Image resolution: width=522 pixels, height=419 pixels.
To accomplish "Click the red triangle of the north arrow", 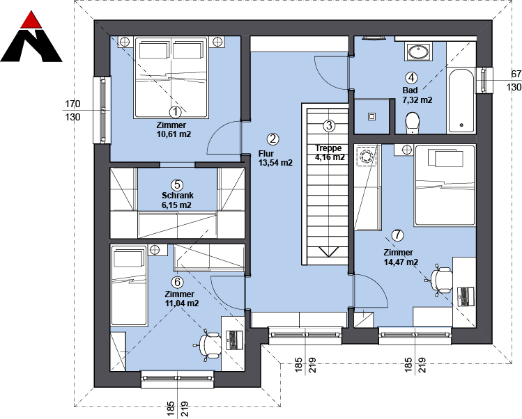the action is click(31, 21).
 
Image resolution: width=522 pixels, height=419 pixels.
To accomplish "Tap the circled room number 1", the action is click(175, 112).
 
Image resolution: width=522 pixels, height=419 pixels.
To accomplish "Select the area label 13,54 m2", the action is click(275, 163).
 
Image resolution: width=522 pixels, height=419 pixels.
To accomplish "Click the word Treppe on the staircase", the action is click(328, 148).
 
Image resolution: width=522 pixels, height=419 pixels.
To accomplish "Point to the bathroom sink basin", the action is click(418, 52).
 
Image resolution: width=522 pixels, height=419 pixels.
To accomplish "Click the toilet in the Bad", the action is click(413, 123).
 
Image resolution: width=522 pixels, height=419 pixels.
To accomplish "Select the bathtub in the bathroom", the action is click(461, 100).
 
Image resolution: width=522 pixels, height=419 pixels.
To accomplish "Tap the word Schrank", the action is click(178, 196).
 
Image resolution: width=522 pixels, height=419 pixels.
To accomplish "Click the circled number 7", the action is click(397, 235).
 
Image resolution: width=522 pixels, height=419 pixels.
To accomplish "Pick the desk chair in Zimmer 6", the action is click(209, 345).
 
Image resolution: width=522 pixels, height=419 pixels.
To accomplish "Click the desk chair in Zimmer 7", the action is click(440, 280).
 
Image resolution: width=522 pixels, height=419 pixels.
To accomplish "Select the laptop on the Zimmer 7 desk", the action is click(466, 297).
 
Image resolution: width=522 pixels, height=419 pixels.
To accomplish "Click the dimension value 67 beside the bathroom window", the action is click(516, 74).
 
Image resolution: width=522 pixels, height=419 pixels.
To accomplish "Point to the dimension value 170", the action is click(72, 104).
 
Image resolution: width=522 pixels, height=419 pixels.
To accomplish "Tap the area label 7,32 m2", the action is click(417, 100).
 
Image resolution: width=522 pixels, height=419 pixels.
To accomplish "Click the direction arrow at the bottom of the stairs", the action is click(328, 252).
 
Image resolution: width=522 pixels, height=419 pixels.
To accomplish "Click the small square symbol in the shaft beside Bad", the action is click(372, 117).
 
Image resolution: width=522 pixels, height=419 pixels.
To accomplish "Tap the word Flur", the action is click(266, 154).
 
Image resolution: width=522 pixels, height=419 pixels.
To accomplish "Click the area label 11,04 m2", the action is click(182, 303).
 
